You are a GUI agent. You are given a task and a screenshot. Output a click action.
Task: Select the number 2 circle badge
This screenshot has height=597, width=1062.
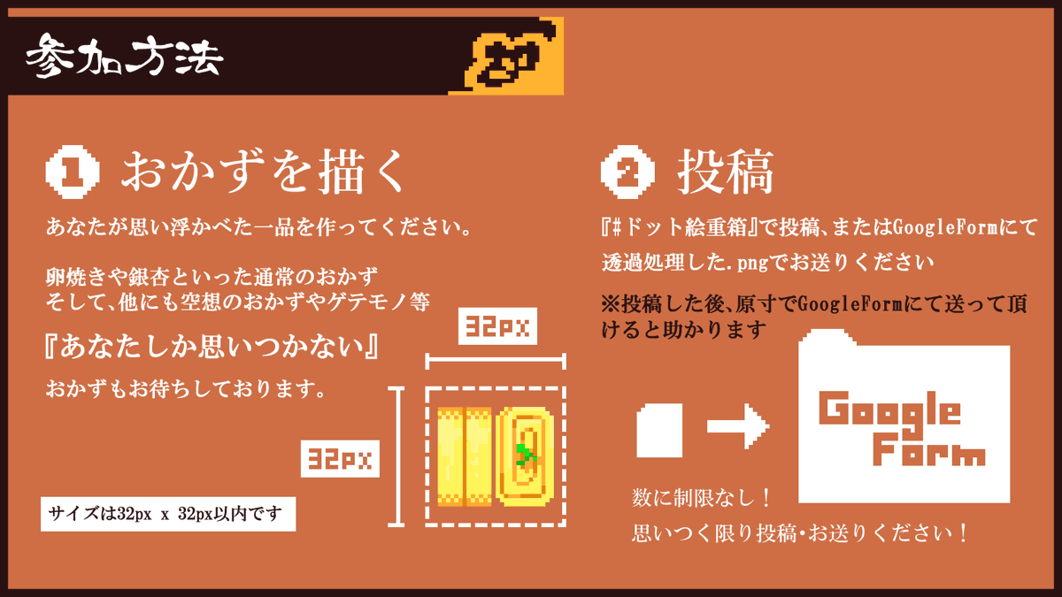coord(627,170)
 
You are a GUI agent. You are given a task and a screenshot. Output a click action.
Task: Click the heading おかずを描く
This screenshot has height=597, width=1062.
coord(265,170)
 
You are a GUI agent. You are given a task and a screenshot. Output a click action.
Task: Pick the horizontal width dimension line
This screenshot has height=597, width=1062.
coord(496,360)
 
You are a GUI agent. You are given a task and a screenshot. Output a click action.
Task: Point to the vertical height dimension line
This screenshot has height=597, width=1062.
coord(398,455)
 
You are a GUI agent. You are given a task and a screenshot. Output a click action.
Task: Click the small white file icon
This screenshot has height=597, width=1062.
coord(659,431)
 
